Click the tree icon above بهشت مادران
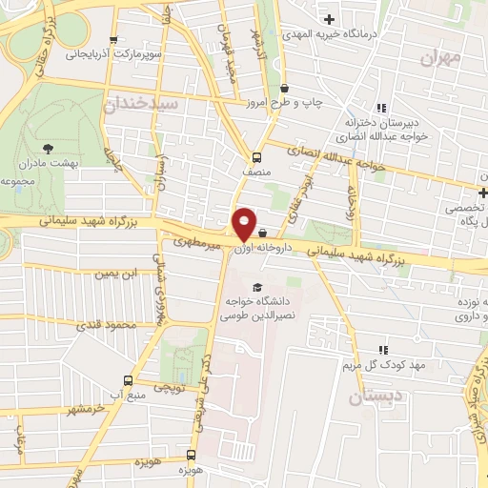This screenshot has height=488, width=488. (x=49, y=148)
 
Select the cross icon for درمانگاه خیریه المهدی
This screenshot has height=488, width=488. (x=329, y=19)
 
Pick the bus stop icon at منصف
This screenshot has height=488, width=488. (x=255, y=157)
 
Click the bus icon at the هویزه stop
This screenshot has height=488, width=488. (x=192, y=455)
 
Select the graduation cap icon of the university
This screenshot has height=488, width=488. (x=256, y=287)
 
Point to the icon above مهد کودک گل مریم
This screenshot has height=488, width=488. (x=383, y=350)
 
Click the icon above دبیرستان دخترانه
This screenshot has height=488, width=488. (x=382, y=108)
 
